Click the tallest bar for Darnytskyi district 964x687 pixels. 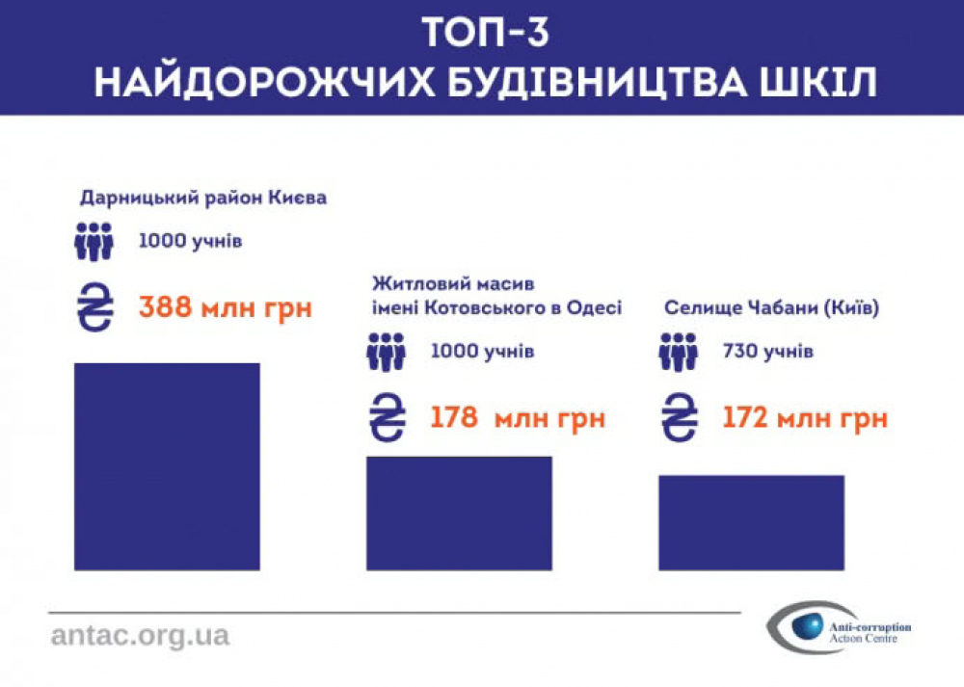pyautogui.click(x=167, y=465)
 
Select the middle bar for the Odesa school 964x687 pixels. pyautogui.click(x=459, y=512)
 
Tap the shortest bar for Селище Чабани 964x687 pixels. pyautogui.click(x=751, y=521)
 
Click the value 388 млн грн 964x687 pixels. pyautogui.click(x=226, y=309)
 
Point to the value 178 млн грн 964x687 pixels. pyautogui.click(x=518, y=419)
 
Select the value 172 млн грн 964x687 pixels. pyautogui.click(x=805, y=419)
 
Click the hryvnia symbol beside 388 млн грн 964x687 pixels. pyautogui.click(x=94, y=309)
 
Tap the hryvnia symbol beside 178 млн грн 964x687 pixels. pyautogui.click(x=386, y=419)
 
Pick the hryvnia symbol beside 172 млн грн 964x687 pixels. pyautogui.click(x=679, y=419)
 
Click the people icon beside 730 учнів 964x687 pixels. pyautogui.click(x=678, y=352)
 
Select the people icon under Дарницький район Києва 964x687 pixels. pyautogui.click(x=94, y=241)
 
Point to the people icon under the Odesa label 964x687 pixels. pyautogui.click(x=386, y=352)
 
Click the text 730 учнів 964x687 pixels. pyautogui.click(x=767, y=352)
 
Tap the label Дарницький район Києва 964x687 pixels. pyautogui.click(x=202, y=198)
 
